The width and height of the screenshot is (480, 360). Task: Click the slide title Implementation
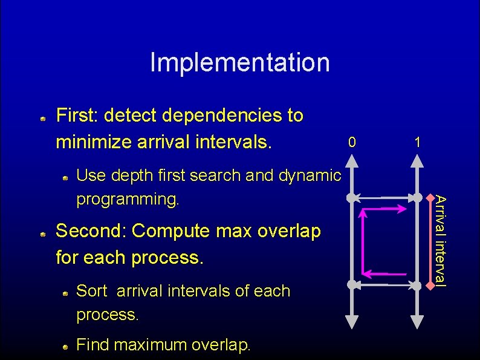(240, 62)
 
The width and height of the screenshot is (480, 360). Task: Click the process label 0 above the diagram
(352, 143)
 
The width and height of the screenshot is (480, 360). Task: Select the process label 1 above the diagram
(417, 143)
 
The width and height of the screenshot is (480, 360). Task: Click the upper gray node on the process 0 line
(351, 198)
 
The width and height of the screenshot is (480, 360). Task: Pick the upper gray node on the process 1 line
(417, 198)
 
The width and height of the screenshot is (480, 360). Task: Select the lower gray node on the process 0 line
(351, 284)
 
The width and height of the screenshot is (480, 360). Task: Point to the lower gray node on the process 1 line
(417, 284)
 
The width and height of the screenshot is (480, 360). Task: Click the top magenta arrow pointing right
(384, 209)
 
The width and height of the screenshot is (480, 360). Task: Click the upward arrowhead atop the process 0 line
(351, 161)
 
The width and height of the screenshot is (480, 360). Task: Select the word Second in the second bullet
(91, 231)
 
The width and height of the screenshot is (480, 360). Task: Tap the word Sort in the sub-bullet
(91, 291)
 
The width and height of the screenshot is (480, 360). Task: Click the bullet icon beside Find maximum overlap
(65, 347)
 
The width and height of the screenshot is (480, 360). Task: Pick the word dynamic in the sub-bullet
(309, 175)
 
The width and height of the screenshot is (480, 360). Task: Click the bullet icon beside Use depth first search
(65, 177)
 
